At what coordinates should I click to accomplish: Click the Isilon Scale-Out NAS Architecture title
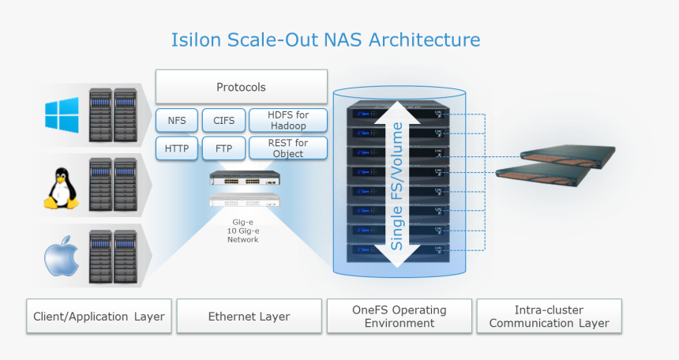coord(325,39)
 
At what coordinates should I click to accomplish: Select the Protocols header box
coord(241,87)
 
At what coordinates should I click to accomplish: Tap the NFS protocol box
coord(177,121)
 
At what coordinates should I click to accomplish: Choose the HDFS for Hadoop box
coord(288,121)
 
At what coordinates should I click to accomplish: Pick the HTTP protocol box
coord(177,148)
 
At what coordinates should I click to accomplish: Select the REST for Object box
coord(288,148)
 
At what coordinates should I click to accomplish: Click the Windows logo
coord(62,114)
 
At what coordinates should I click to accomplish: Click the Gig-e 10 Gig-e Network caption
coord(242,231)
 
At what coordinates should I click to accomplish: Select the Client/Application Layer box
coord(99,317)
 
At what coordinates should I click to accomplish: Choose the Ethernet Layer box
coord(249,317)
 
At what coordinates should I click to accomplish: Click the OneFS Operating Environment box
coord(399,317)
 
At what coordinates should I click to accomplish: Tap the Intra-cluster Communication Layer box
coord(549,317)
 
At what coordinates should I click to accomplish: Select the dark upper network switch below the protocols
coord(243,178)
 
